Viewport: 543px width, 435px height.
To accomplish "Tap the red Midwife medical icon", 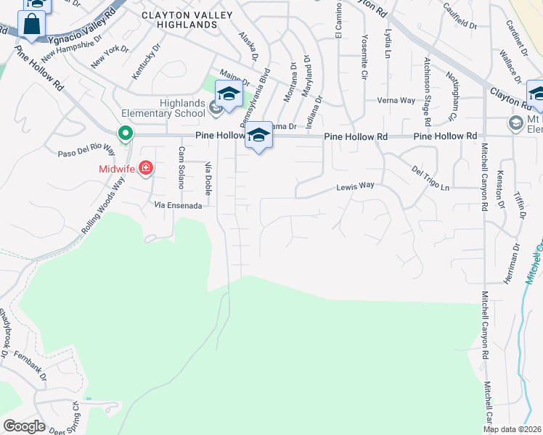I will [x=146, y=168].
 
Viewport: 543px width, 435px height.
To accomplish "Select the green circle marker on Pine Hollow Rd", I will [x=126, y=133].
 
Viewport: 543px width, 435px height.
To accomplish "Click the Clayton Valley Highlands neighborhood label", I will [x=179, y=20].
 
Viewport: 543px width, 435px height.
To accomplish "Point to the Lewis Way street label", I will [x=355, y=186].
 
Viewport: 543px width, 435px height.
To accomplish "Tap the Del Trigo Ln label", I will [x=430, y=178].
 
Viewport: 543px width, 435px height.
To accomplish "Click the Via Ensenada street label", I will [x=178, y=206].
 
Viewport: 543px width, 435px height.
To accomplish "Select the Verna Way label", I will [x=396, y=101].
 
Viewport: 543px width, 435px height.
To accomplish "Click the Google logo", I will [x=24, y=426].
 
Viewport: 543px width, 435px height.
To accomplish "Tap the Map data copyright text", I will [x=513, y=429].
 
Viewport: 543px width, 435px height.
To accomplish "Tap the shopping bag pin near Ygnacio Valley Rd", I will [x=33, y=25].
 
